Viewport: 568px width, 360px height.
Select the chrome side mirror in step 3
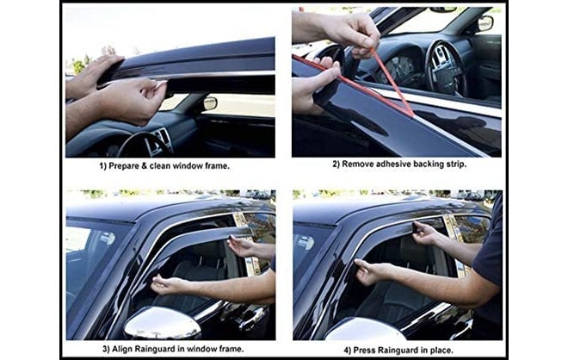[x=164, y=322]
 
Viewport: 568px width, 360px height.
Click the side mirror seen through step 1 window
[x=210, y=103]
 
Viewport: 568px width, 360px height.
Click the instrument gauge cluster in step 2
[x=400, y=69]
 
